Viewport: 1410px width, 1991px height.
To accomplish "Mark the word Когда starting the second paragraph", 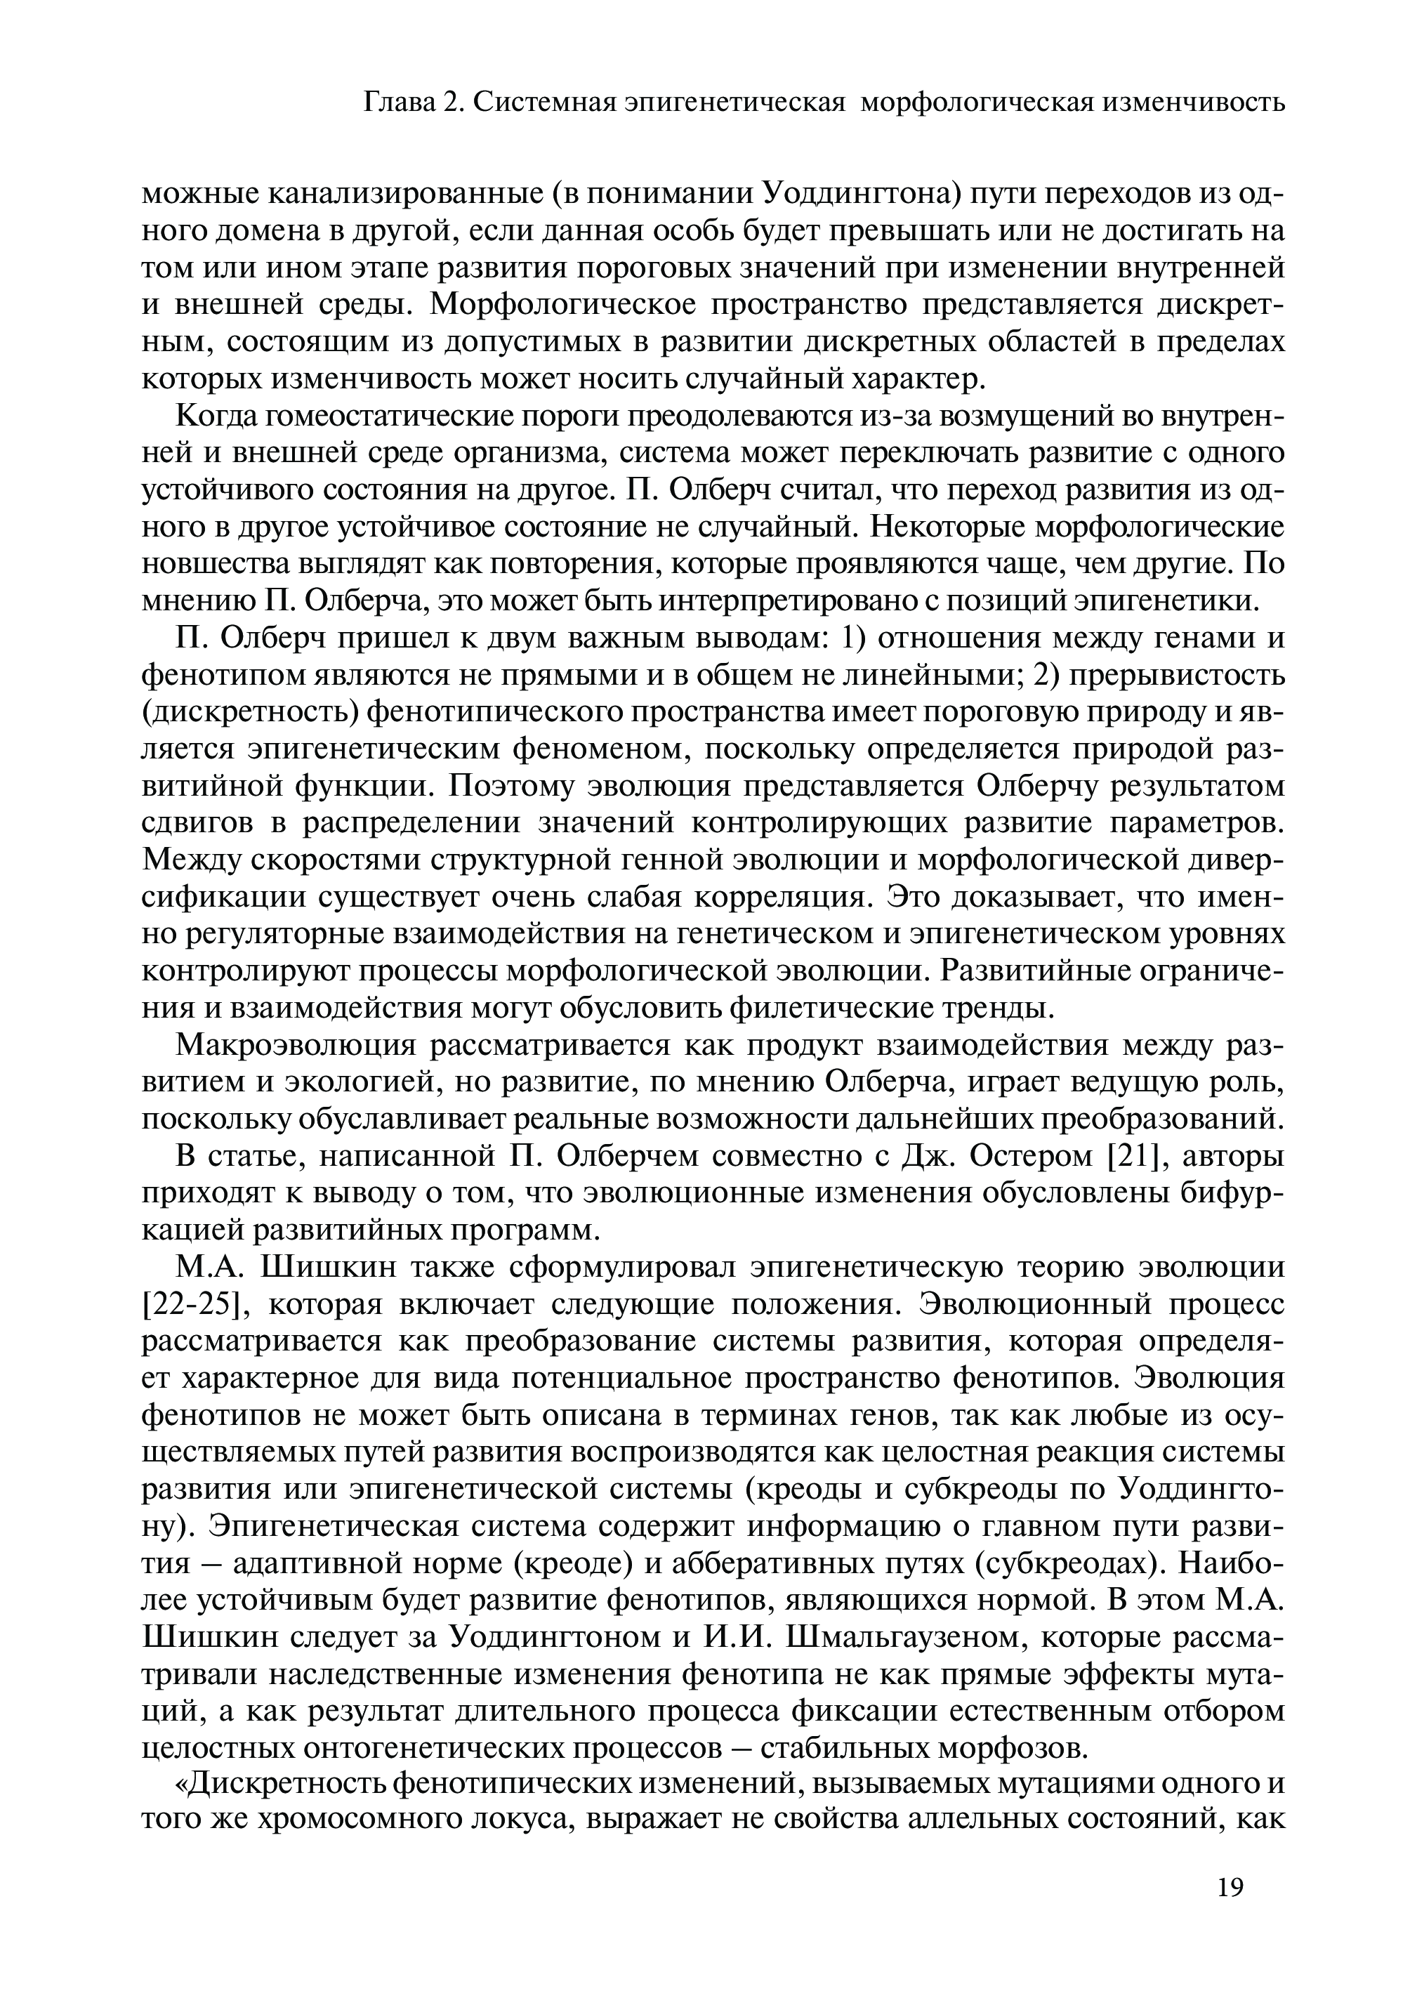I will coord(216,416).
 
